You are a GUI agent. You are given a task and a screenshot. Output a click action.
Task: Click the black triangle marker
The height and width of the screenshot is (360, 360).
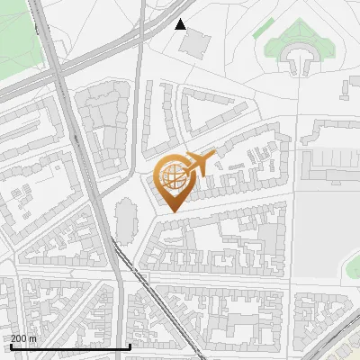[x=181, y=24]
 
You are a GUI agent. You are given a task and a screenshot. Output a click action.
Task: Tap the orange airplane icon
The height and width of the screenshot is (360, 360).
[x=200, y=164]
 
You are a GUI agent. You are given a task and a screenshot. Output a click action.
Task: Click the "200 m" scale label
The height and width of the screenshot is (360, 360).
[x=23, y=338]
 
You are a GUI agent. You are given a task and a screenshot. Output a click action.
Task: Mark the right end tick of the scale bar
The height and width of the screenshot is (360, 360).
[x=130, y=345]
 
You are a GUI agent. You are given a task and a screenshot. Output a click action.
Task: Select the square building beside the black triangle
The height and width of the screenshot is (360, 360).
[x=198, y=40]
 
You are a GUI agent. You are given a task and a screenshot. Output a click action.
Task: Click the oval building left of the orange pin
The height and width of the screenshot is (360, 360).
[x=125, y=217]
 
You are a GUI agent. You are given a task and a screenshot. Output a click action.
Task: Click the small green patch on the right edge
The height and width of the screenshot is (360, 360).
[x=354, y=266]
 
